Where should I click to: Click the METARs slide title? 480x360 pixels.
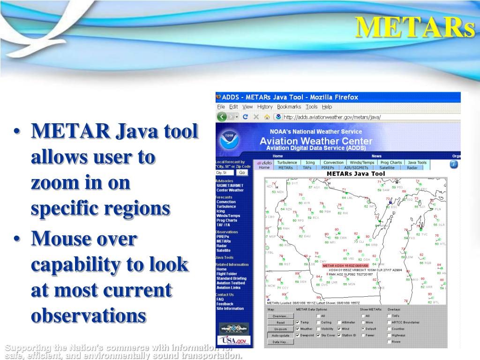414,27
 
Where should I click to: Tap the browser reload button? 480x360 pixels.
245,117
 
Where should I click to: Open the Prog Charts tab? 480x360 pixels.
390,163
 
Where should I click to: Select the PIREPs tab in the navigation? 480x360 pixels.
327,167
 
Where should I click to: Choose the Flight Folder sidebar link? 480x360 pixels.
226,274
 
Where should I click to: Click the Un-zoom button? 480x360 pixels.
280,329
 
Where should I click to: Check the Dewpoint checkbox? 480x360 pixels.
298,336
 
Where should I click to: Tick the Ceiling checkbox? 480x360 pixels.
318,322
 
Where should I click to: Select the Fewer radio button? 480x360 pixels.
363,336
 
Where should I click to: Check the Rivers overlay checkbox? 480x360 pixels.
389,342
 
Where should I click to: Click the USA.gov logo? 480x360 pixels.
234,341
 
